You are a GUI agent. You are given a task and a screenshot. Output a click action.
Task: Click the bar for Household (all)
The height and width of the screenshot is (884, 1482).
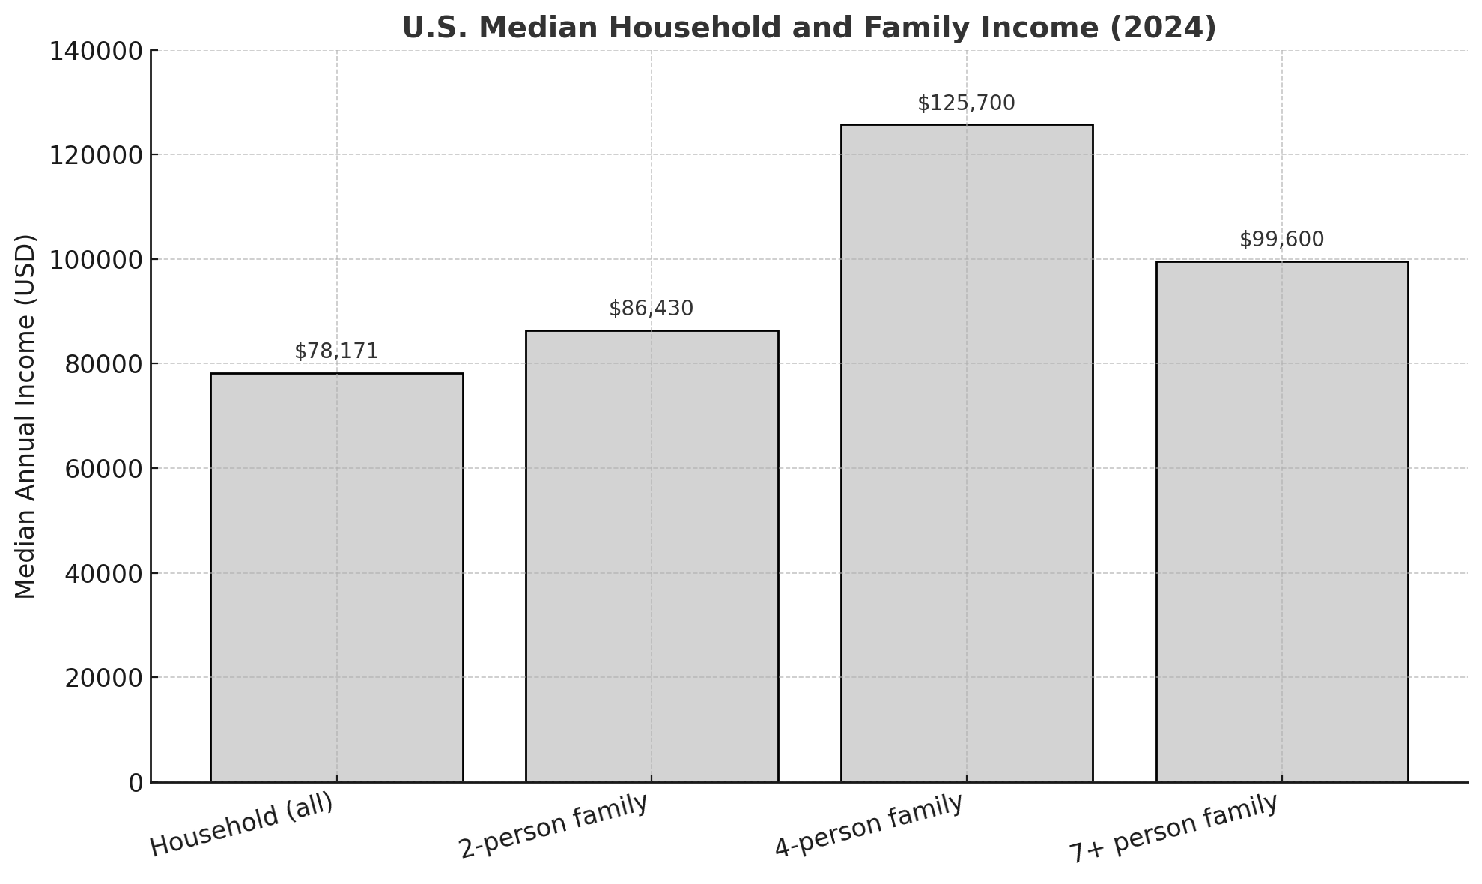coord(336,577)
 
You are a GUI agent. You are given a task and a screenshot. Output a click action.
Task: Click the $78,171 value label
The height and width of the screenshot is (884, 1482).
coord(336,351)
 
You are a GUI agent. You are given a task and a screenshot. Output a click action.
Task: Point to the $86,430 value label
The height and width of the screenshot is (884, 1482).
coord(652,309)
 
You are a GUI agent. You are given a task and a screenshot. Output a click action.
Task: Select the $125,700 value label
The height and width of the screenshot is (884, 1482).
coord(966,103)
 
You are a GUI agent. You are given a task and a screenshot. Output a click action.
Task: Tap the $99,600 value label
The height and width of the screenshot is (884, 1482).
coord(1281,240)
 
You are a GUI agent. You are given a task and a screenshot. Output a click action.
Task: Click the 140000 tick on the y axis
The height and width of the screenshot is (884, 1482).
coord(95,51)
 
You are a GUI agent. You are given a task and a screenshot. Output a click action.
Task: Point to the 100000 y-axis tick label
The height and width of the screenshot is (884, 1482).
coord(95,260)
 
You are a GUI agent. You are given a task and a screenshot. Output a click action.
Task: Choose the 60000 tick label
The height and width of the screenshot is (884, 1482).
coord(103,469)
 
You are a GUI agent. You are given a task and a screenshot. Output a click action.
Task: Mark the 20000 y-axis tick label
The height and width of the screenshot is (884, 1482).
coord(103,678)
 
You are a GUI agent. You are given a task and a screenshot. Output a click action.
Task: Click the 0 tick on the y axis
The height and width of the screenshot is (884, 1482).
coord(136,783)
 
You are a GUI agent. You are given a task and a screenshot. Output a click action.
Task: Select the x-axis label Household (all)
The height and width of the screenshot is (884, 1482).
coord(241,825)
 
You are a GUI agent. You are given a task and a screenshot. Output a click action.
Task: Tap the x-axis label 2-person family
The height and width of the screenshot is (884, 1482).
coord(553,826)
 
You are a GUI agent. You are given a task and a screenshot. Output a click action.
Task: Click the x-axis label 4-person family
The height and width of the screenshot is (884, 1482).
coord(868,826)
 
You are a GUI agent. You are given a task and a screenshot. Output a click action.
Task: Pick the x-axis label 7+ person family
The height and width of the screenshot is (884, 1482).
coord(1173,828)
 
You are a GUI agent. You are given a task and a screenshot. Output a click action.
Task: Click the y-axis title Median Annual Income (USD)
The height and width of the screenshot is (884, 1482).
coord(25,417)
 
